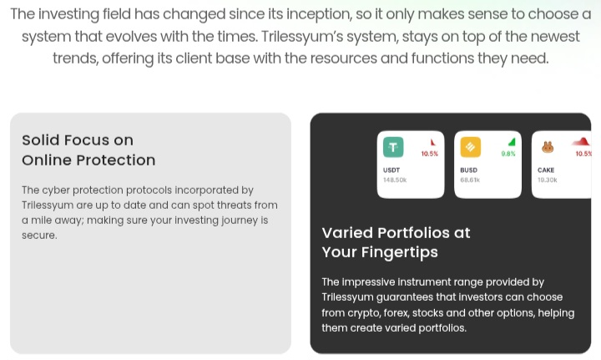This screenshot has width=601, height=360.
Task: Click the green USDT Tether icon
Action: [393, 147]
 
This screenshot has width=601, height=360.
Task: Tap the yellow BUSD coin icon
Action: [470, 147]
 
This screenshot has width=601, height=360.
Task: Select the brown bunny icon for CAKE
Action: [548, 147]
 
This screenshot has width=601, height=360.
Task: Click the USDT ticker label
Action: [391, 170]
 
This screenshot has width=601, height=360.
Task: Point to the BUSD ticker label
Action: [469, 170]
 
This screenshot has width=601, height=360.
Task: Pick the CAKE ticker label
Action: [546, 170]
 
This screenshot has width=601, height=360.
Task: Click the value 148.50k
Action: [395, 180]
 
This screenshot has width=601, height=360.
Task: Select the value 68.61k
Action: [470, 180]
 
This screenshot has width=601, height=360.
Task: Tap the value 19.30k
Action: [548, 180]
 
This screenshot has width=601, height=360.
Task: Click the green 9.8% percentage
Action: [508, 154]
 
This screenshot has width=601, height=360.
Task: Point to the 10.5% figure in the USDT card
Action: [430, 154]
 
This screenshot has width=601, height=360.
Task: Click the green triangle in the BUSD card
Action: [512, 142]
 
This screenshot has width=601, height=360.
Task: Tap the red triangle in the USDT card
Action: [433, 142]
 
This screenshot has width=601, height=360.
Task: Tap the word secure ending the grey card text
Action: [38, 236]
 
